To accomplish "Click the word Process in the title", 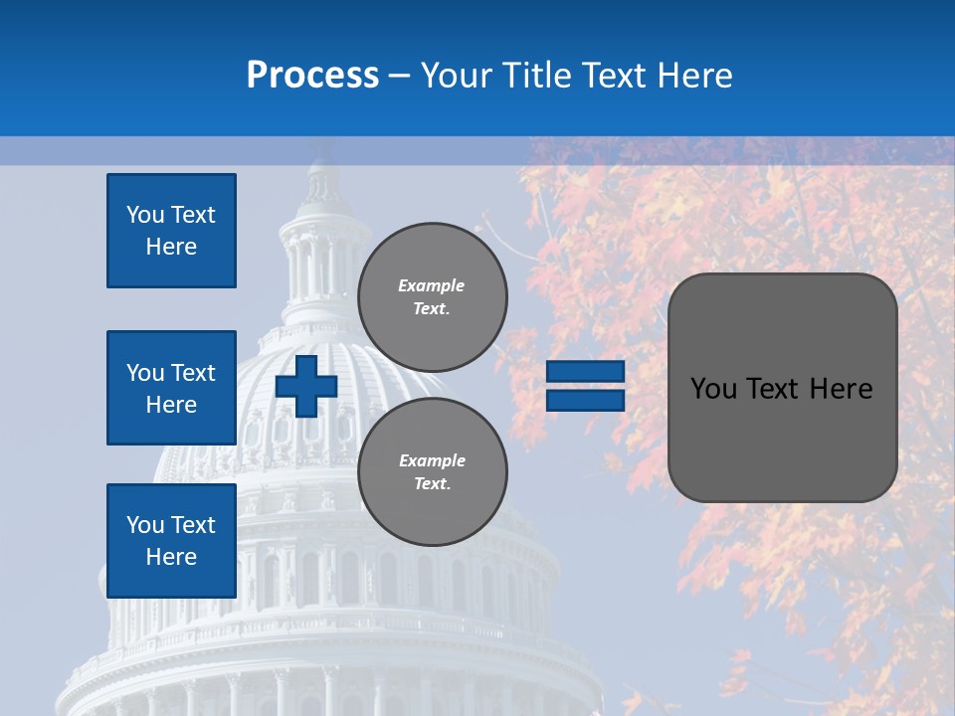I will pyautogui.click(x=312, y=76).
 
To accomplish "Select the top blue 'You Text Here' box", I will pyautogui.click(x=171, y=231).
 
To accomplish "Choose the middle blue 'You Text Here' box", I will pyautogui.click(x=171, y=388).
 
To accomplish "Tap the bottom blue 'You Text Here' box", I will pyautogui.click(x=171, y=541).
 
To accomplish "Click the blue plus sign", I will pyautogui.click(x=306, y=386).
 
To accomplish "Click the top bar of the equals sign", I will pyautogui.click(x=586, y=371).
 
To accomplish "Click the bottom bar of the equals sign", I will pyautogui.click(x=586, y=400).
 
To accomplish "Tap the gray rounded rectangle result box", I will pyautogui.click(x=782, y=438).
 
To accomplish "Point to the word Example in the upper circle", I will pyautogui.click(x=432, y=285).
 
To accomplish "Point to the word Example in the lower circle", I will pyautogui.click(x=432, y=460).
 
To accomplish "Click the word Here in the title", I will pyautogui.click(x=693, y=76).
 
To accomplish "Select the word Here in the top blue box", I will pyautogui.click(x=171, y=247).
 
